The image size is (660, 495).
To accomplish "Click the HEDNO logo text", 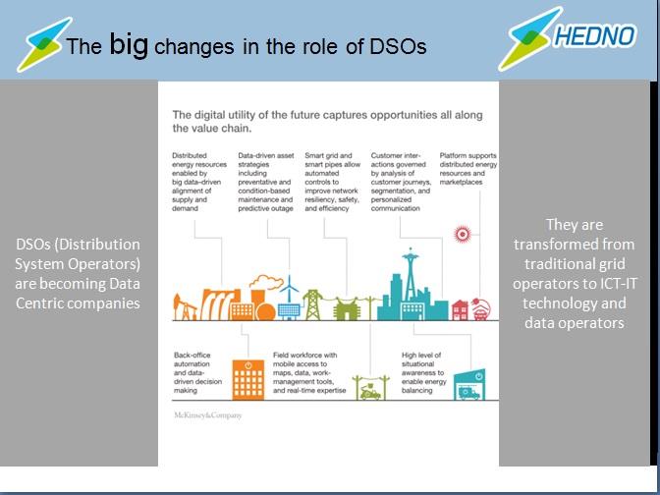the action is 594,35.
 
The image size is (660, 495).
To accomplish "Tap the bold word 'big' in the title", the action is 129,44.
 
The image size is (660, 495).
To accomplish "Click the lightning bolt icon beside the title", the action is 44,44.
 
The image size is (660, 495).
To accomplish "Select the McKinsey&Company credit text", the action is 208,415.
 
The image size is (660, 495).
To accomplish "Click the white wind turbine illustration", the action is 289,298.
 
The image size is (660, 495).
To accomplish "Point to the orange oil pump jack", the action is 185,307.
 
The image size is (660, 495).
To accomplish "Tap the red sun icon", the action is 463,234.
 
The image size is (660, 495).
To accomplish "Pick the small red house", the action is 460,310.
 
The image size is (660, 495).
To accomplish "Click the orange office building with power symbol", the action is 248,379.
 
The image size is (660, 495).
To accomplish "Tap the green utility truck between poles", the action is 370,393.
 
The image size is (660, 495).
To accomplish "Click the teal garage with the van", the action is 469,385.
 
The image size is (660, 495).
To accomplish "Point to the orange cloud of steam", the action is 266,282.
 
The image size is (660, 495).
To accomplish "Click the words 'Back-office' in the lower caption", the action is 192,355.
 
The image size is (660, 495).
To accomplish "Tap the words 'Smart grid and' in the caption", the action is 328,155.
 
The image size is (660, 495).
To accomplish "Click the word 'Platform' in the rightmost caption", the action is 453,155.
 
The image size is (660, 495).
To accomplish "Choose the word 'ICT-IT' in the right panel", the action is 619,284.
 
